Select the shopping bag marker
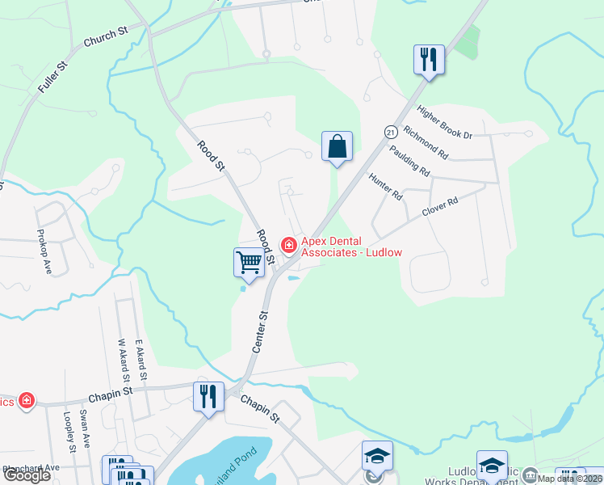pos(338,147)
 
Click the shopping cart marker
pos(250,262)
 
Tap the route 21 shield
pos(390,131)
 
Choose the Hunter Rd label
pos(385,187)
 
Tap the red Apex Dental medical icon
pos(287,244)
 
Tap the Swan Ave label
pos(84,433)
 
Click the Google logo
pos(27,474)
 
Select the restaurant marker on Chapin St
pos(208,396)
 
